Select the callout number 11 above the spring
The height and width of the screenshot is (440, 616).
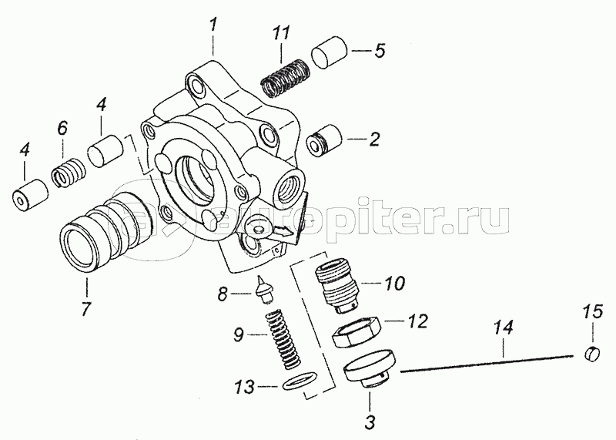click(283, 35)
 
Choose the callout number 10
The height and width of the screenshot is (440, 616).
click(393, 284)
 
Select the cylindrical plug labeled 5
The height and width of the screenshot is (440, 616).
click(329, 59)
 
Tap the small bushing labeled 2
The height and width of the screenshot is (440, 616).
click(322, 144)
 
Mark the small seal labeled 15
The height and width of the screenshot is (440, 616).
click(592, 354)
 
